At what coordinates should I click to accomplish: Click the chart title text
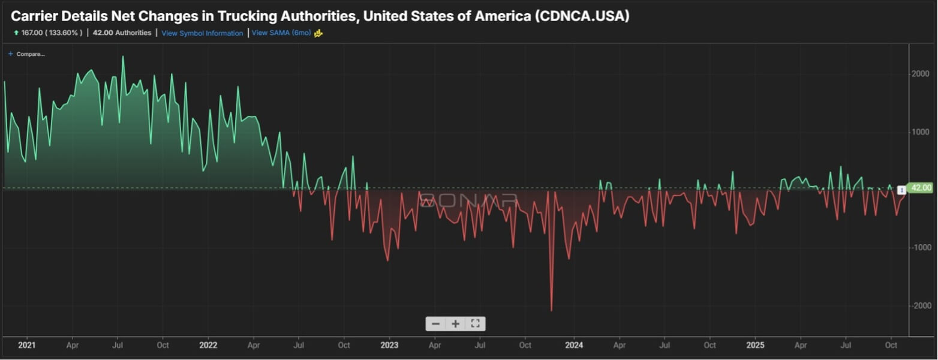(x=320, y=16)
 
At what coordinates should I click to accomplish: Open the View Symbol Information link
(x=202, y=33)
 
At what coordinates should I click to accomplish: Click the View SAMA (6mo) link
(x=281, y=33)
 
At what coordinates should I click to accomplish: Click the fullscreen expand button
(x=475, y=324)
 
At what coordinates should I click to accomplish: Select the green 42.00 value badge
(x=921, y=188)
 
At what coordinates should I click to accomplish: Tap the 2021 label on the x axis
(x=26, y=346)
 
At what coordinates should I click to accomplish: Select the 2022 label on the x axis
(x=208, y=346)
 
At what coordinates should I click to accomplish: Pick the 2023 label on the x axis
(x=389, y=346)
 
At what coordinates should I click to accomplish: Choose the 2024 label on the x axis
(x=574, y=346)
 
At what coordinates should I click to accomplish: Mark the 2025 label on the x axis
(x=755, y=346)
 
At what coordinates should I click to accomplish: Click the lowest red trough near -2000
(x=551, y=310)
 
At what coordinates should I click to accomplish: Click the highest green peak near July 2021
(x=123, y=57)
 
